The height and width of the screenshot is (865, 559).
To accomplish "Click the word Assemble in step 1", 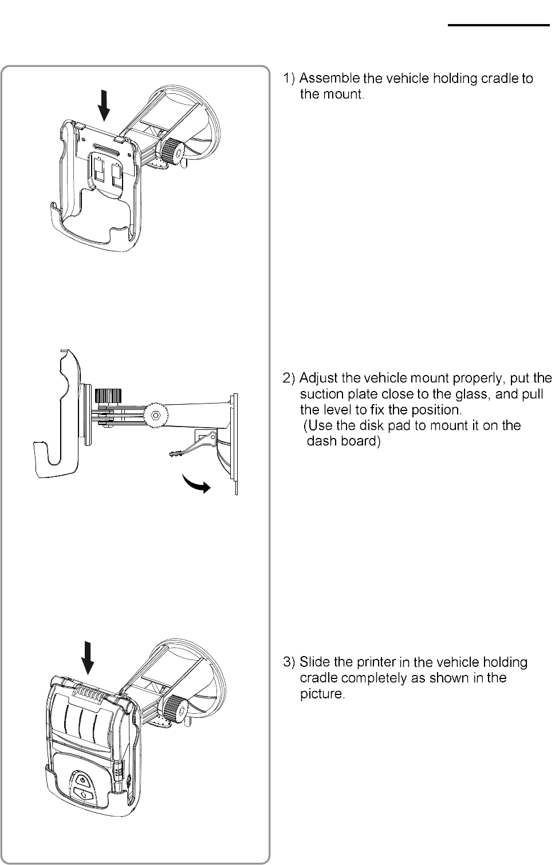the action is (329, 78).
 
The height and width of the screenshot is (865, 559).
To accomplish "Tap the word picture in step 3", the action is (322, 694).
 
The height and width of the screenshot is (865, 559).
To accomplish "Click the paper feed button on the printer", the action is (82, 794).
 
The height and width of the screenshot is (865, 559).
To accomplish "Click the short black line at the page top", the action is (498, 25).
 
